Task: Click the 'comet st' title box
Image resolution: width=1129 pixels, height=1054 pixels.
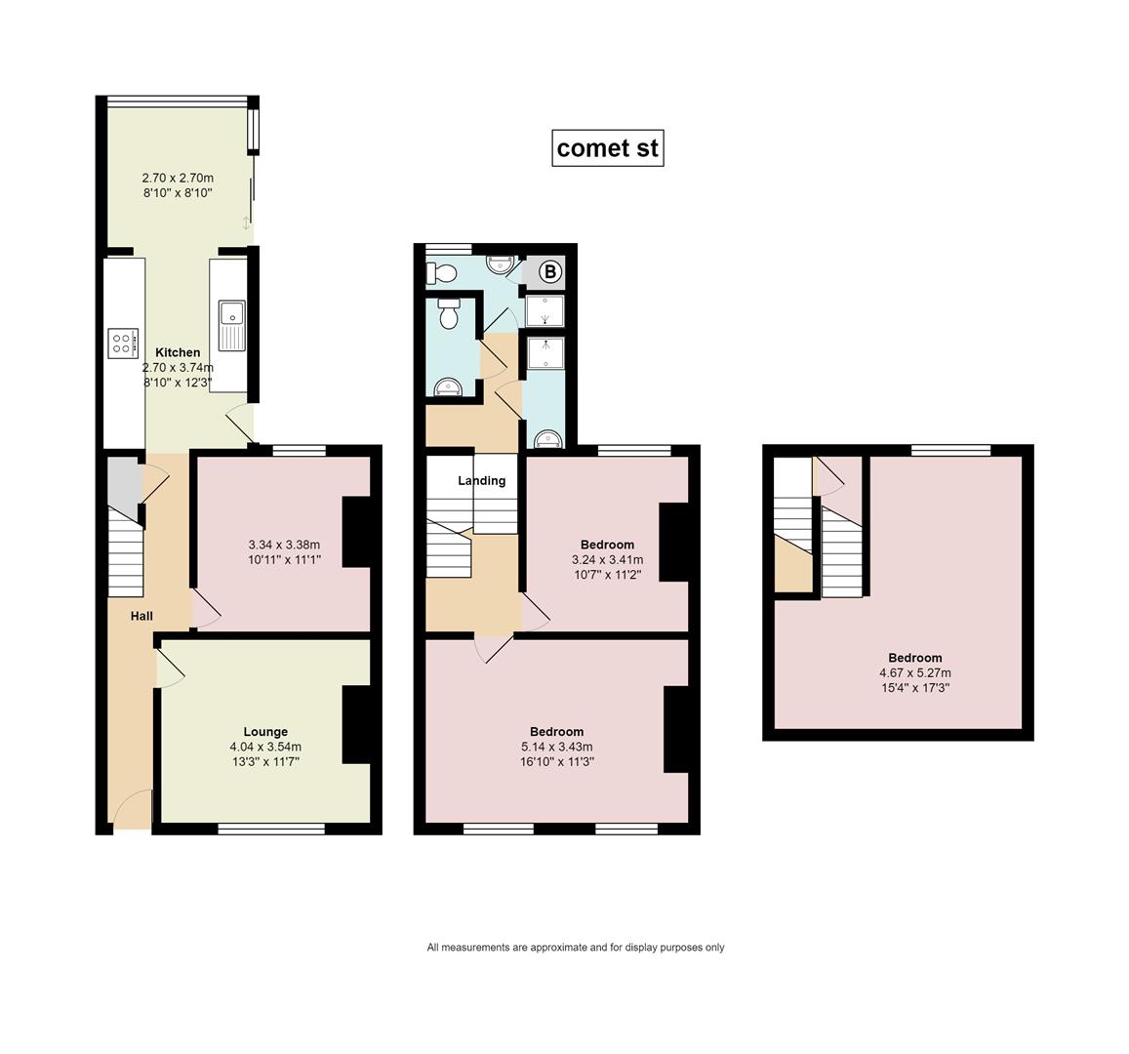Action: point(607,147)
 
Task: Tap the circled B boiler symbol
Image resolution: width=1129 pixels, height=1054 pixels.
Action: point(550,272)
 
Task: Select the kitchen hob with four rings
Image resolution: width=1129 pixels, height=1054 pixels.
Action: point(123,343)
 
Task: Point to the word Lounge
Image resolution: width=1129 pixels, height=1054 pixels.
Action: point(265,732)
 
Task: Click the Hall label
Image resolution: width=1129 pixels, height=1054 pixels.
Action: point(141,616)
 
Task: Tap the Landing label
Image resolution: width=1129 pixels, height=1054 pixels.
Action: point(482,481)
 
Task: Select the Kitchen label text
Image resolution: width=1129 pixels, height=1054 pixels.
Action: point(178,352)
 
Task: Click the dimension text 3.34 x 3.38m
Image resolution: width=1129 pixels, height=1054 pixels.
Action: point(284,545)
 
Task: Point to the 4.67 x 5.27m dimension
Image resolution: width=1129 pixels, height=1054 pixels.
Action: point(915,673)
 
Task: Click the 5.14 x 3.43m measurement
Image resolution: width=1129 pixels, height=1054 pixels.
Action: point(556,748)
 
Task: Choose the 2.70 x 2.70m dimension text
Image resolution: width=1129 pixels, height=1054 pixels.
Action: point(178,178)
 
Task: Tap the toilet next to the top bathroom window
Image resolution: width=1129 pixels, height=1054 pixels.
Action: point(441,273)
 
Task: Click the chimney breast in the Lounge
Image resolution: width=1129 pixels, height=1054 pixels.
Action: point(356,724)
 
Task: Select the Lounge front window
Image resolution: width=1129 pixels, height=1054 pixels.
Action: point(271,829)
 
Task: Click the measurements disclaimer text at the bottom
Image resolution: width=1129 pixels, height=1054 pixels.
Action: point(576,948)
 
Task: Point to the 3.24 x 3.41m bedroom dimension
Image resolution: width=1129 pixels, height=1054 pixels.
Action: point(608,559)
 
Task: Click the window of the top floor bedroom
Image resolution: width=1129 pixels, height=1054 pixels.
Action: point(950,451)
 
